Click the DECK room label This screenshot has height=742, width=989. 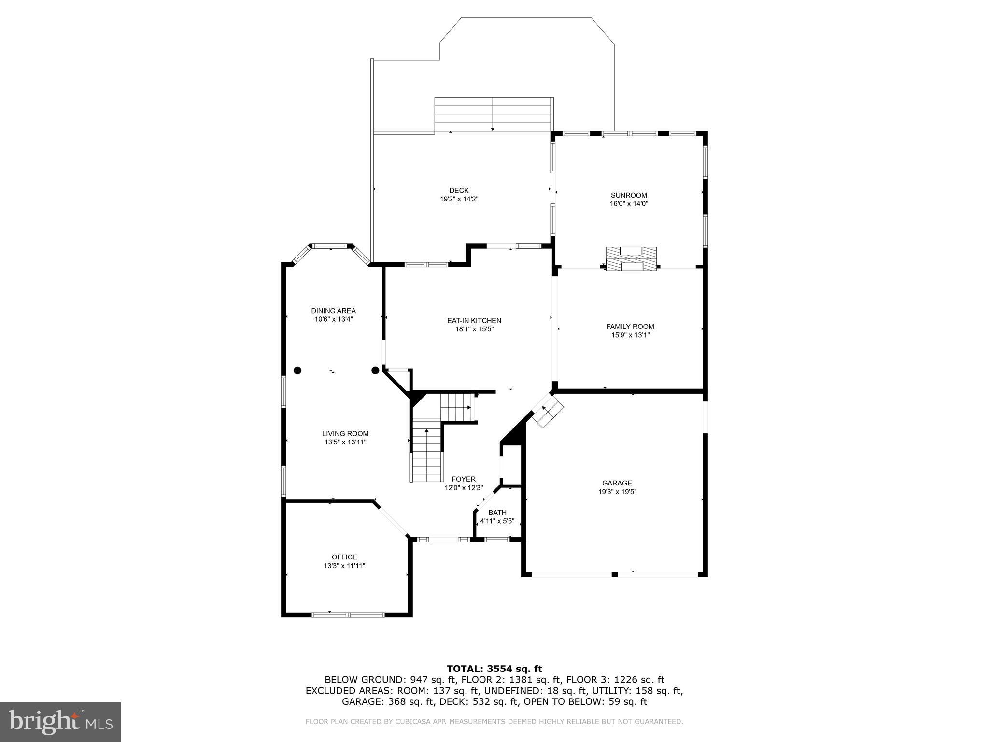458,190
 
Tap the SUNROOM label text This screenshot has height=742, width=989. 628,195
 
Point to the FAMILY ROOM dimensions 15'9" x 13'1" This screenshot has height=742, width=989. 630,335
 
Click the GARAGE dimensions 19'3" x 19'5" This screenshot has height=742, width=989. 617,492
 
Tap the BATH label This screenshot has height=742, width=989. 497,513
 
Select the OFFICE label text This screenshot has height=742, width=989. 344,557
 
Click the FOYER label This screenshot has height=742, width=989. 463,479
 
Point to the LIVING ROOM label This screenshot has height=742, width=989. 345,434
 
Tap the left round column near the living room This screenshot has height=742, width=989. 297,371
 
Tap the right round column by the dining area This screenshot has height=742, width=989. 375,371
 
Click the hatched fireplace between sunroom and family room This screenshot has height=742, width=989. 631,258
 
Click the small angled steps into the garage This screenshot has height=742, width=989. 548,410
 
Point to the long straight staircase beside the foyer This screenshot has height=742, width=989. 426,450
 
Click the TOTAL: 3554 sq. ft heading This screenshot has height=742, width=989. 494,669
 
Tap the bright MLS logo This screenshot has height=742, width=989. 60,722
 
